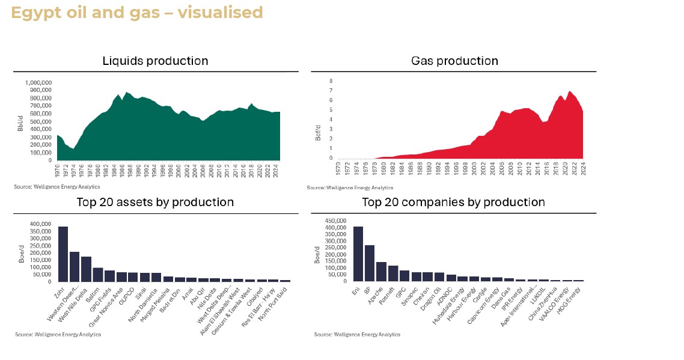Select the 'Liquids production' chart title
155,61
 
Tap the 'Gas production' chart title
454,61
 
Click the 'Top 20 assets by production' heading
155,202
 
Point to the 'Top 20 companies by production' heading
453,202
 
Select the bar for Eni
358,254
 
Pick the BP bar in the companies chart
370,263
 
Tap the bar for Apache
381,272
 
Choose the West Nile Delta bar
86,269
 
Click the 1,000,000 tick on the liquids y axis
38,82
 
